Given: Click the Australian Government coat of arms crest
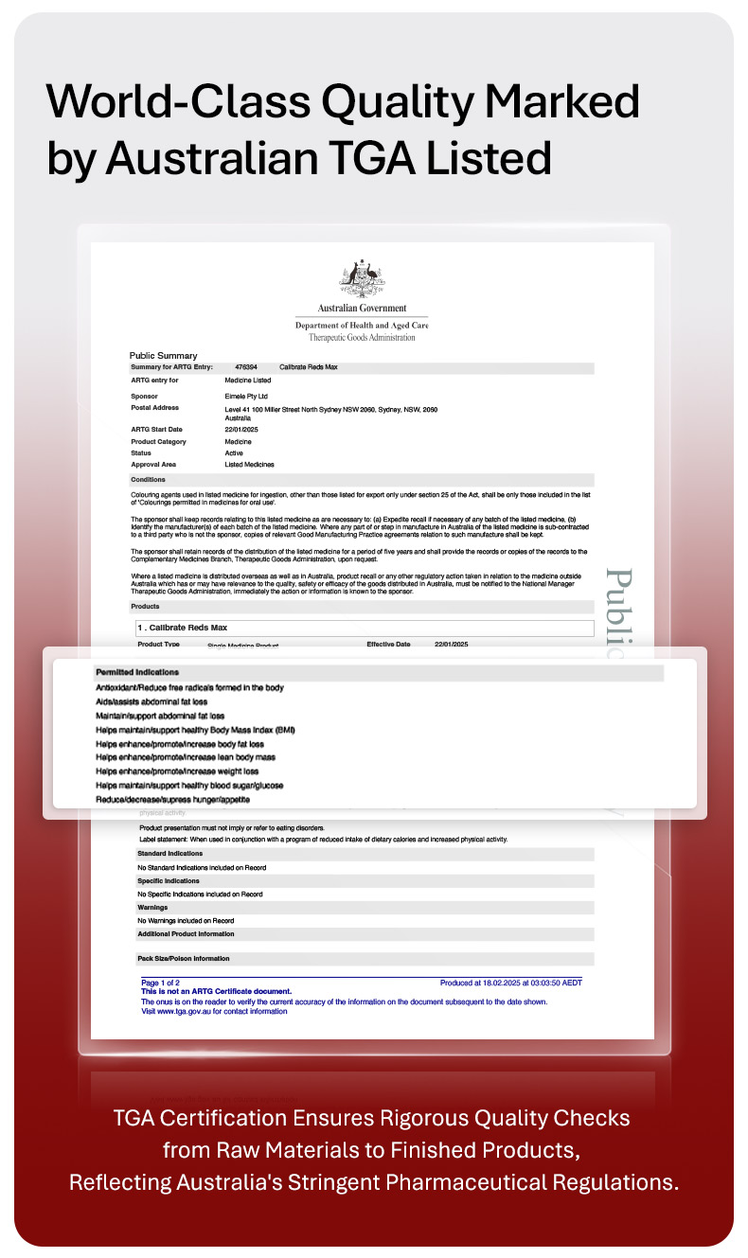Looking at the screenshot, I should point(362,278).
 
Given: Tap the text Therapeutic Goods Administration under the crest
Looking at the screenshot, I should point(362,337).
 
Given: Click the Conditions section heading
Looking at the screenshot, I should point(149,480).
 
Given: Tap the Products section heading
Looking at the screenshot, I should point(146,606).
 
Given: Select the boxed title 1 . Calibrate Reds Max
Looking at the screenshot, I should point(183,628).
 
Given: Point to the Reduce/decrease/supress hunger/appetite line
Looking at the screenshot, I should point(173,800).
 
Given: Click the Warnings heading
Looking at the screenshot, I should point(153,908).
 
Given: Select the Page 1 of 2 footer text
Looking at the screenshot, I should point(160,983).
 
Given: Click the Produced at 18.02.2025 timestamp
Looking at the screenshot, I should point(511,983).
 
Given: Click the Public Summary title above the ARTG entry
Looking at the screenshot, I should point(163,356).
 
